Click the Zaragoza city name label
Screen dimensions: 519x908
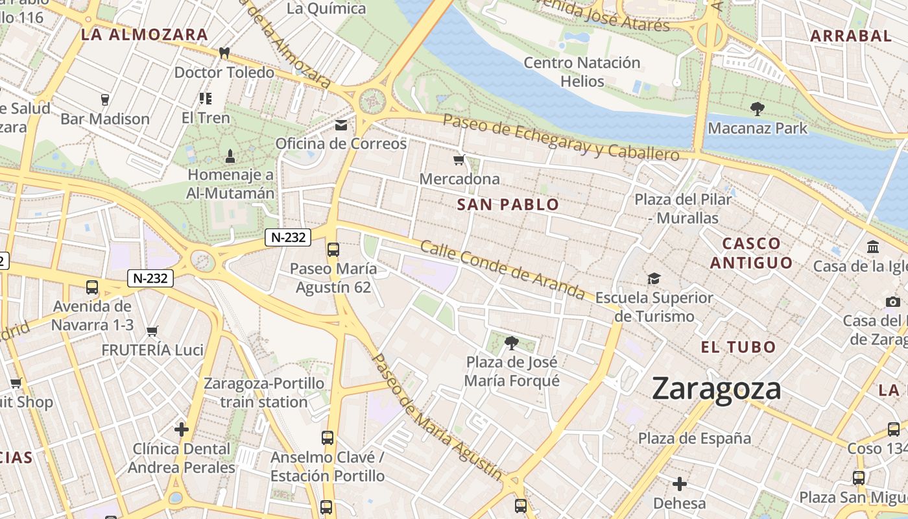click(x=716, y=389)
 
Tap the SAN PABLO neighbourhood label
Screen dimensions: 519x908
click(x=508, y=205)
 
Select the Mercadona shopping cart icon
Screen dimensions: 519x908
click(x=459, y=160)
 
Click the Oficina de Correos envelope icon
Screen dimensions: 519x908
click(x=341, y=125)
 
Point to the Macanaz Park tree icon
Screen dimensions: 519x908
click(x=757, y=108)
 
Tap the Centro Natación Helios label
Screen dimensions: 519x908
click(x=582, y=72)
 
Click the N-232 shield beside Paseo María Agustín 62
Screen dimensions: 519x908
click(x=288, y=237)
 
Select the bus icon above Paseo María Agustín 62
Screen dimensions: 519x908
click(x=333, y=249)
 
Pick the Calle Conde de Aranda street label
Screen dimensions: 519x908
click(x=502, y=270)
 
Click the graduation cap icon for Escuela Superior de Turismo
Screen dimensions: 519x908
click(x=654, y=278)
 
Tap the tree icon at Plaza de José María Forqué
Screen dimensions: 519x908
click(x=512, y=343)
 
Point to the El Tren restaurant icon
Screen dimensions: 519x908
click(x=206, y=99)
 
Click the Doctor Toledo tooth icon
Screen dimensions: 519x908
click(x=224, y=53)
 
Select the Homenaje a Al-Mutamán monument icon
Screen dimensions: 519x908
click(x=230, y=156)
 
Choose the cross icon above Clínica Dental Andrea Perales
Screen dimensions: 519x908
click(x=182, y=429)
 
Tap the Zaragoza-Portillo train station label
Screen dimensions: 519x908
click(x=264, y=392)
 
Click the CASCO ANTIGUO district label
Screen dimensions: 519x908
click(x=751, y=253)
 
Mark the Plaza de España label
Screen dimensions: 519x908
click(x=695, y=439)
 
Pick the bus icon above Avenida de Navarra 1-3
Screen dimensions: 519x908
click(x=92, y=287)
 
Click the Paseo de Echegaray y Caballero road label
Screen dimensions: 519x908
click(x=561, y=138)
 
